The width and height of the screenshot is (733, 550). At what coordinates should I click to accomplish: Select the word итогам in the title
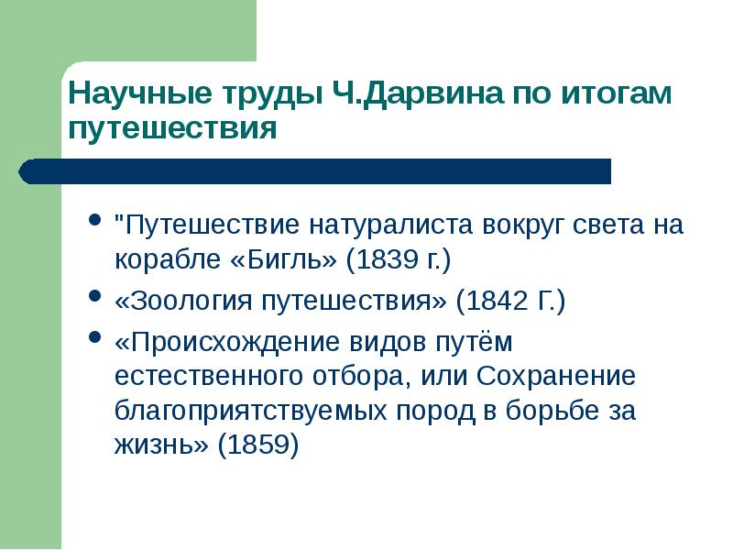point(621,93)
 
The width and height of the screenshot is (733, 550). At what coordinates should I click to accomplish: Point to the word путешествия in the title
point(172,127)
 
